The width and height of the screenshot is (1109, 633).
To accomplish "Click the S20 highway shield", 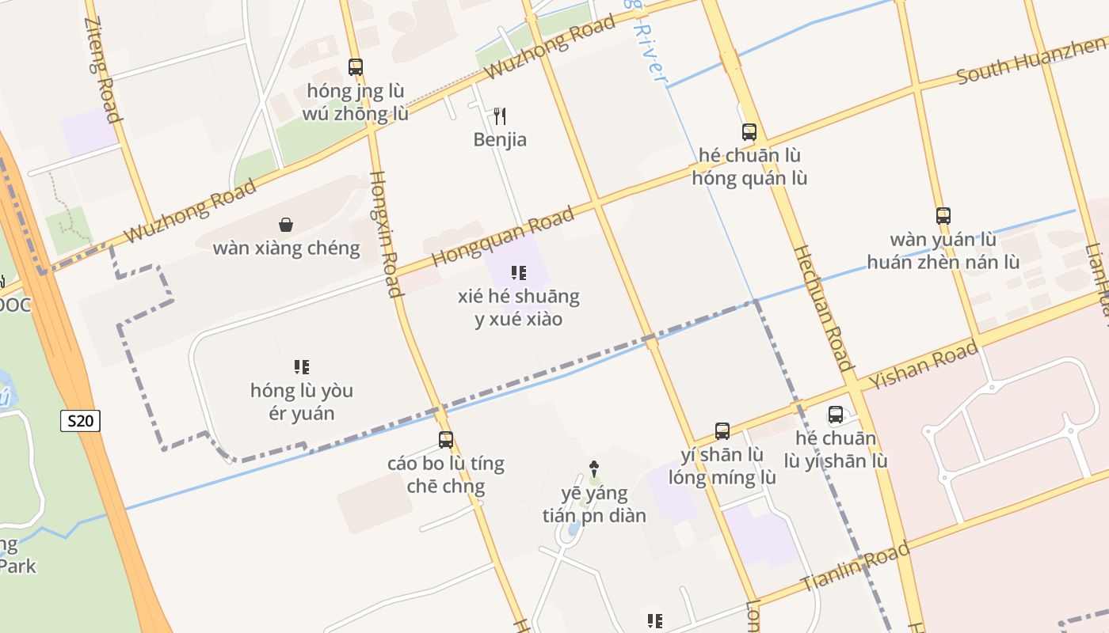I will pyautogui.click(x=80, y=421).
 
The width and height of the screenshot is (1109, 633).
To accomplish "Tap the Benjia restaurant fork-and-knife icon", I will pyautogui.click(x=500, y=116).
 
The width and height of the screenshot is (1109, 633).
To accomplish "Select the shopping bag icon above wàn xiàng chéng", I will pyautogui.click(x=286, y=226).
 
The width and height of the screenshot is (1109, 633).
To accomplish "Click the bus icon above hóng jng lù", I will pyautogui.click(x=356, y=67).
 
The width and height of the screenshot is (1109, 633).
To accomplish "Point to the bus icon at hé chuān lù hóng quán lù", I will pyautogui.click(x=749, y=132).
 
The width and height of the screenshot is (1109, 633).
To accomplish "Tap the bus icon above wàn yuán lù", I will pyautogui.click(x=943, y=215).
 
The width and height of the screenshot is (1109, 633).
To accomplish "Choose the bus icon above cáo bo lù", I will pyautogui.click(x=446, y=440).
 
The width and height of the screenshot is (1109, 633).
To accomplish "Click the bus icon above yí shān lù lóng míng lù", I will pyautogui.click(x=722, y=431).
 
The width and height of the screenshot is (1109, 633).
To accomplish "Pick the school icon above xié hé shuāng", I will pyautogui.click(x=519, y=274).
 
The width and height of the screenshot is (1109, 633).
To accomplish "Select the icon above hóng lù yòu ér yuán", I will pyautogui.click(x=302, y=367).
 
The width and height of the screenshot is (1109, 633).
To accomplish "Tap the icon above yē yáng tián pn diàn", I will pyautogui.click(x=594, y=469).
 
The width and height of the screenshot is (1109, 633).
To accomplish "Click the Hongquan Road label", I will pyautogui.click(x=503, y=237).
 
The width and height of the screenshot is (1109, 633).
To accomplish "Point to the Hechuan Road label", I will pyautogui.click(x=824, y=308).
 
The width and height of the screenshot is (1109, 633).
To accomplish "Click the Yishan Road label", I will pyautogui.click(x=924, y=366).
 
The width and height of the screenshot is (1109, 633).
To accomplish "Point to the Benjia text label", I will pyautogui.click(x=500, y=140).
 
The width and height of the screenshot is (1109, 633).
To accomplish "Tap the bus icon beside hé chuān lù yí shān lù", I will pyautogui.click(x=836, y=415).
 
